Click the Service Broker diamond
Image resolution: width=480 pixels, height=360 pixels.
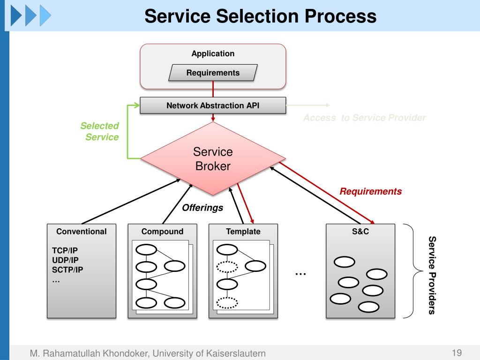(x=213, y=159)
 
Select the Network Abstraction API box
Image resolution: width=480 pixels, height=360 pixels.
(x=213, y=105)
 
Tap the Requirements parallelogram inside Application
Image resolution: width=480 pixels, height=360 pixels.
(x=213, y=73)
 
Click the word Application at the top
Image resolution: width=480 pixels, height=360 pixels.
(x=213, y=53)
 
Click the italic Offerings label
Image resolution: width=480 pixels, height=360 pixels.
(x=202, y=208)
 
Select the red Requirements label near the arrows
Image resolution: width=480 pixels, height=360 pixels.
(x=371, y=191)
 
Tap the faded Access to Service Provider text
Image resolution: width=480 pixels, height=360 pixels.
(x=364, y=118)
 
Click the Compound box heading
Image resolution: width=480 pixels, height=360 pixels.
(x=162, y=232)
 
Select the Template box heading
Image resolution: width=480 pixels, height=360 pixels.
(x=243, y=232)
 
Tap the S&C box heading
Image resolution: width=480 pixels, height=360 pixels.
(x=360, y=232)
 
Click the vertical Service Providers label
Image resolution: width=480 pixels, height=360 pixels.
(x=432, y=275)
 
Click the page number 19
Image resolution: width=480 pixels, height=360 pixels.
(x=457, y=353)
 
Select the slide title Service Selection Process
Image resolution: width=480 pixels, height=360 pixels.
(x=260, y=16)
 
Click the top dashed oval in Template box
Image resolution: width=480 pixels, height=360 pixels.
(x=227, y=267)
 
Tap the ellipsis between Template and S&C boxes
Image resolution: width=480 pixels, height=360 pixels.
(x=300, y=273)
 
